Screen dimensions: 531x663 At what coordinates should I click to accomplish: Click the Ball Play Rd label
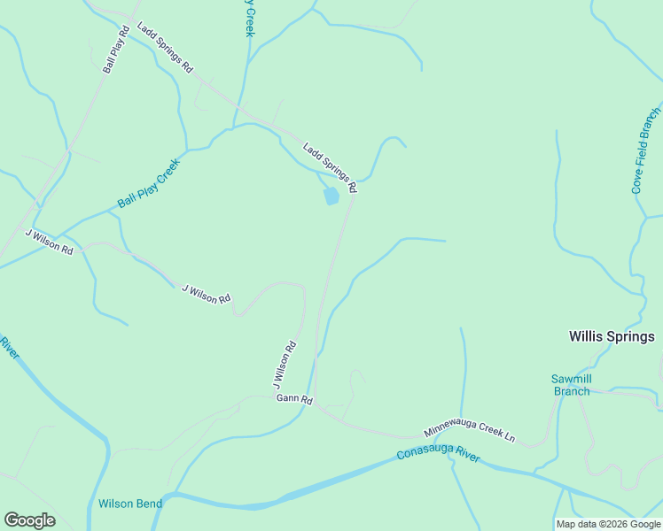pyautogui.click(x=117, y=49)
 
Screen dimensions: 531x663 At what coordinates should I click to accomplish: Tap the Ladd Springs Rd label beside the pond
pyautogui.click(x=330, y=167)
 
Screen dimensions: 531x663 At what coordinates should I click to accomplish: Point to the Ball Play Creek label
pyautogui.click(x=149, y=183)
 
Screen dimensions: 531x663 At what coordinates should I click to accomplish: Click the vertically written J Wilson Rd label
pyautogui.click(x=285, y=365)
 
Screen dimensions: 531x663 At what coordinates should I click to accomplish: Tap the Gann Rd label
pyautogui.click(x=294, y=399)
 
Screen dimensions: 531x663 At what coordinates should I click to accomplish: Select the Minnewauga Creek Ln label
pyautogui.click(x=469, y=431)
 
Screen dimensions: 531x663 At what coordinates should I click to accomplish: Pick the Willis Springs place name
pyautogui.click(x=612, y=336)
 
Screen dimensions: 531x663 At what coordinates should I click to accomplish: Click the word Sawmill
pyautogui.click(x=572, y=379)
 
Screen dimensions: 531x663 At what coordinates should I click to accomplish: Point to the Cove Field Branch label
pyautogui.click(x=646, y=150)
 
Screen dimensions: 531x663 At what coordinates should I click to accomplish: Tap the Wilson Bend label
pyautogui.click(x=130, y=504)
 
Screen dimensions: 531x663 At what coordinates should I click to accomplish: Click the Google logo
pyautogui.click(x=29, y=520)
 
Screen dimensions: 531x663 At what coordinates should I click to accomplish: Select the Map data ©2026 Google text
pyautogui.click(x=609, y=524)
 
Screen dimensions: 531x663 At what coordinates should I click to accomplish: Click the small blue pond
pyautogui.click(x=331, y=196)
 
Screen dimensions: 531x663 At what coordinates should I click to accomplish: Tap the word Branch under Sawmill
pyautogui.click(x=572, y=391)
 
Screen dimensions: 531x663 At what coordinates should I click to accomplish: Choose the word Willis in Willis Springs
pyautogui.click(x=586, y=336)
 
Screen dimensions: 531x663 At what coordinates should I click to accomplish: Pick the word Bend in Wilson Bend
pyautogui.click(x=148, y=504)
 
